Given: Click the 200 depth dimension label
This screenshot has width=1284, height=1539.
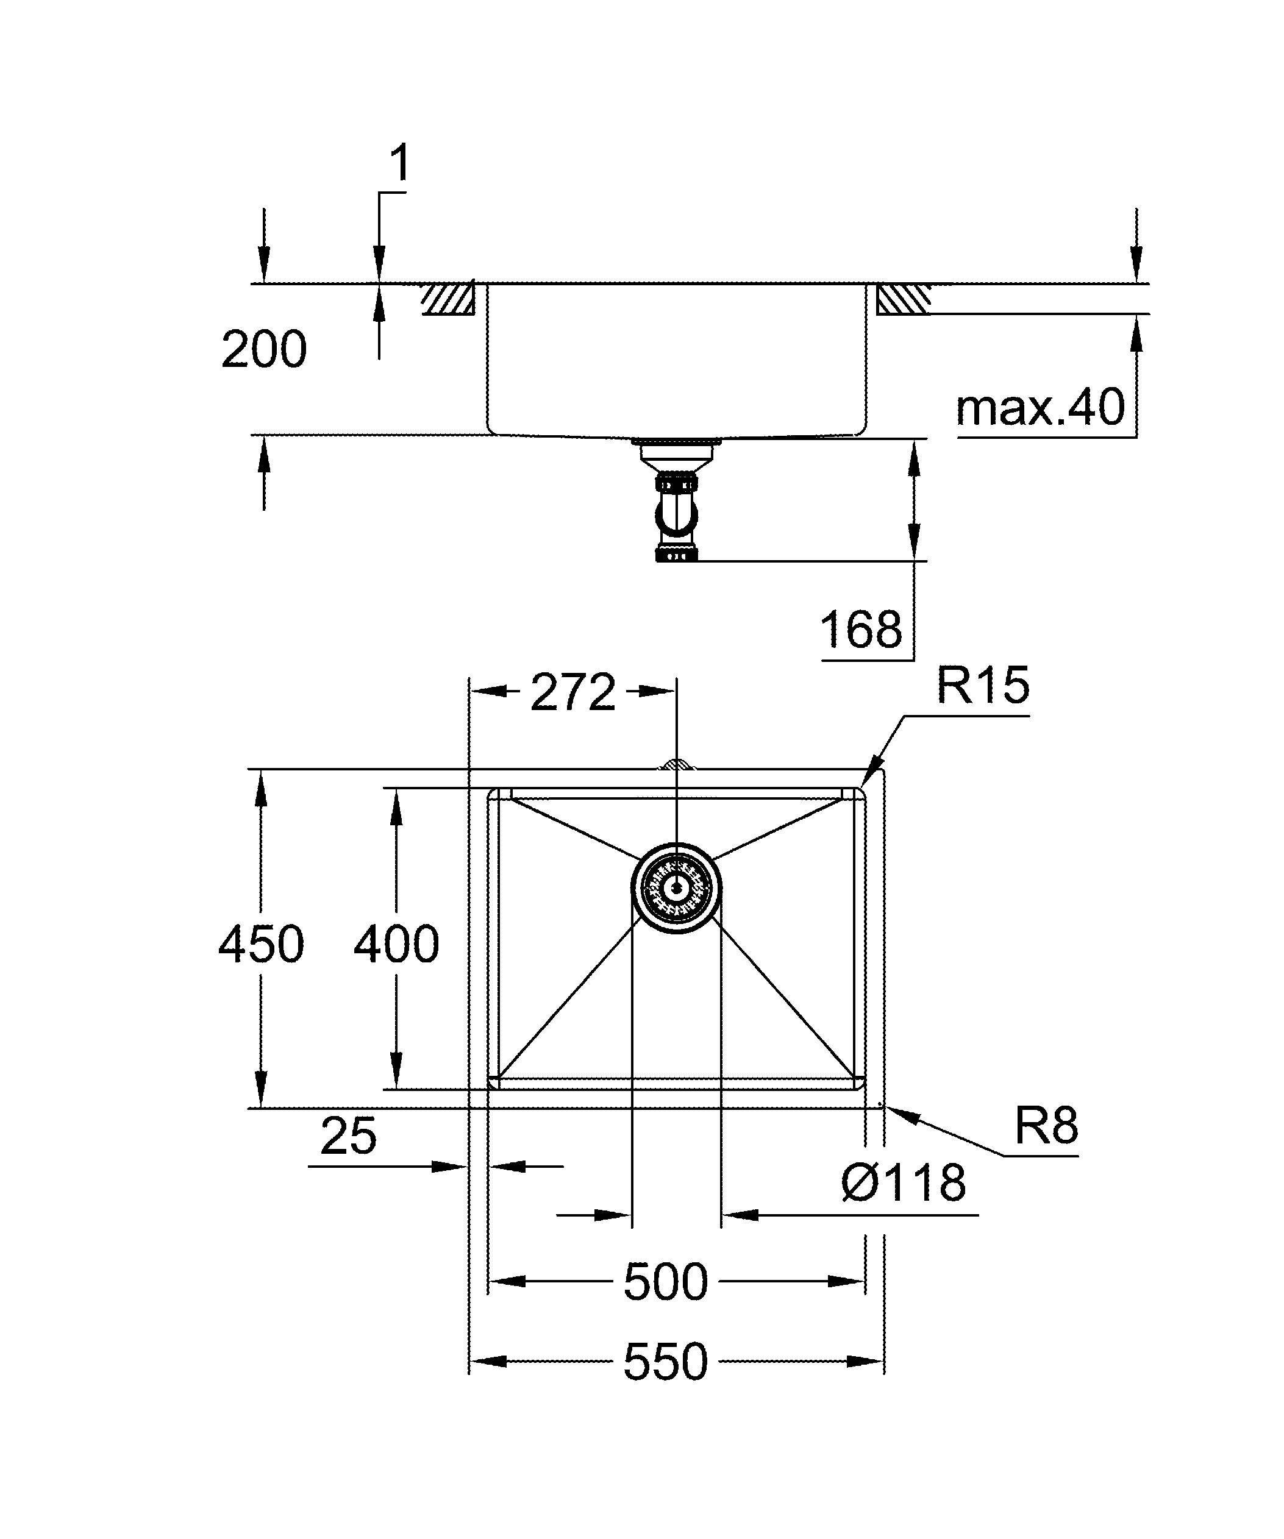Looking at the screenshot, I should pos(264,350).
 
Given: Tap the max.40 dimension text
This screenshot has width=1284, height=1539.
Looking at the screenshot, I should pos(1040,408).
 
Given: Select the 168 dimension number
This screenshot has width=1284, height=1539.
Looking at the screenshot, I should pos(860,629).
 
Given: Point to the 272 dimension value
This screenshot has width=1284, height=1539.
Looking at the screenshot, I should pos(572,692).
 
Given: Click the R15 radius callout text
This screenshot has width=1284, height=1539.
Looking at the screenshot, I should pos(983,686).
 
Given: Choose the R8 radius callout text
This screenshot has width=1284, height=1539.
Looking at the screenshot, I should pos(1046,1126).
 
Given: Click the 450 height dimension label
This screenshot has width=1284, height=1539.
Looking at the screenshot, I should pos(261,944).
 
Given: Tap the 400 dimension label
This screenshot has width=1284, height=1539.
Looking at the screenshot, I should pos(396,944).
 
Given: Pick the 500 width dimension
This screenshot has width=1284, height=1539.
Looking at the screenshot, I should pos(665,1282).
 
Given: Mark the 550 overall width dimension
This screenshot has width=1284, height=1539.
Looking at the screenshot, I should pos(665,1362).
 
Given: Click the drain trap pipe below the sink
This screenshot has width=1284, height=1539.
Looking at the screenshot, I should pos(676,514).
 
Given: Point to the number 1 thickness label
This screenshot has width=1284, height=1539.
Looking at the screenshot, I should pos(399,163).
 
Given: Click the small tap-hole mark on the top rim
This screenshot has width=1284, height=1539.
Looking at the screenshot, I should pos(676,766).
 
